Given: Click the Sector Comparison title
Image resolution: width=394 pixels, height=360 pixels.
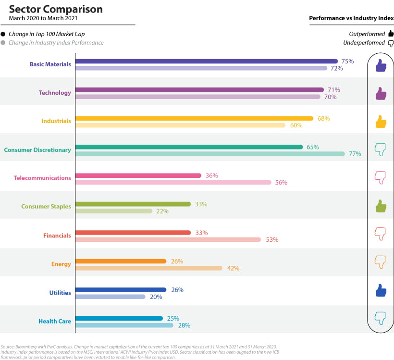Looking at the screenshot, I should pyautogui.click(x=56, y=9).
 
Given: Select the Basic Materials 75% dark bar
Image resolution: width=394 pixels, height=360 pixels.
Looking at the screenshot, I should pyautogui.click(x=207, y=61).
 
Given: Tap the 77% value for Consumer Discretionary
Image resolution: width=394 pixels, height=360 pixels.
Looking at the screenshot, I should pyautogui.click(x=355, y=154).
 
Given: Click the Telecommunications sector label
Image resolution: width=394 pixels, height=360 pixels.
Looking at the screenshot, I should pyautogui.click(x=42, y=178).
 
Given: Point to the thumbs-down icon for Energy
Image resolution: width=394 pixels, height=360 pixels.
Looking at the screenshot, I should pyautogui.click(x=381, y=262).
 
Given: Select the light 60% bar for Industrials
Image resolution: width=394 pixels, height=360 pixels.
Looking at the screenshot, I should pyautogui.click(x=180, y=125).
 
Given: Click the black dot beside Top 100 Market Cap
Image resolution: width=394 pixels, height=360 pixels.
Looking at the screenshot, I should pyautogui.click(x=3, y=34).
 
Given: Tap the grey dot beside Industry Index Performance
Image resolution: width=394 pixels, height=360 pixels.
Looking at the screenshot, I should pyautogui.click(x=3, y=43).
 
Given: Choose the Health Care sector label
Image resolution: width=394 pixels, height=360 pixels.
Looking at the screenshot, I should pyautogui.click(x=55, y=321).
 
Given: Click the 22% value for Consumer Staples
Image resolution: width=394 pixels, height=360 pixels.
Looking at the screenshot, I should pyautogui.click(x=162, y=211).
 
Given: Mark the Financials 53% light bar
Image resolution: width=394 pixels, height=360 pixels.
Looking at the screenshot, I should pyautogui.click(x=168, y=239).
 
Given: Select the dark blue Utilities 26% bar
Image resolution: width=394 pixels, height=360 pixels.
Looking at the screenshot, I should pyautogui.click(x=121, y=290).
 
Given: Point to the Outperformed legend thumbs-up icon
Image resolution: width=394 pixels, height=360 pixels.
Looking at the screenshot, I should pyautogui.click(x=391, y=34).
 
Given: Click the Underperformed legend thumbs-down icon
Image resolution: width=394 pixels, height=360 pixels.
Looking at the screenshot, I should pyautogui.click(x=391, y=43).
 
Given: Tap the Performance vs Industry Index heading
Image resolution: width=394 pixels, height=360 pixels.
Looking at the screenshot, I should pyautogui.click(x=351, y=18).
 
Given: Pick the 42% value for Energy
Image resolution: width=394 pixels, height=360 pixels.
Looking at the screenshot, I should pyautogui.click(x=233, y=268).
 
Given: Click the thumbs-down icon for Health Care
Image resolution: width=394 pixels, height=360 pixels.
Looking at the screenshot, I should pyautogui.click(x=381, y=318).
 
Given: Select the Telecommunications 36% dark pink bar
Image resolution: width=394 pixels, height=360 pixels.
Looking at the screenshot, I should pyautogui.click(x=138, y=175).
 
